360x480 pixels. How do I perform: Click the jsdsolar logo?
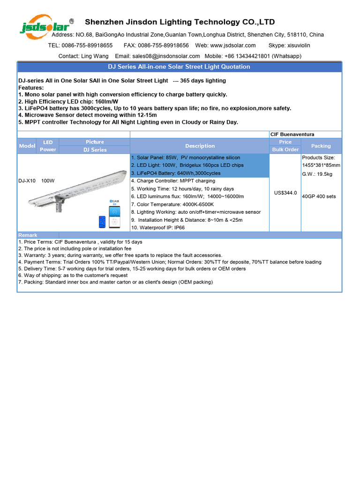point(46,27)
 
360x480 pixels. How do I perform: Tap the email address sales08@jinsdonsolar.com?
point(166,56)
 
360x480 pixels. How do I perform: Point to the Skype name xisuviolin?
point(299,45)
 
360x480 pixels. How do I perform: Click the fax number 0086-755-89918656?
point(163,45)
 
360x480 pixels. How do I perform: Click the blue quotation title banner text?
point(179,67)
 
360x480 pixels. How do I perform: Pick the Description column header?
point(200,146)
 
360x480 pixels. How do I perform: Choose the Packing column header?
point(321,146)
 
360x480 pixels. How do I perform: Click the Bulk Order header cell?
point(285,150)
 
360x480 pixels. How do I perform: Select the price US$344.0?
point(285,193)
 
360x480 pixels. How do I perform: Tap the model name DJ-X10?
point(27,180)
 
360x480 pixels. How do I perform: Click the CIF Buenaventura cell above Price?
point(292,135)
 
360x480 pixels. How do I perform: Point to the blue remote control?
point(102,222)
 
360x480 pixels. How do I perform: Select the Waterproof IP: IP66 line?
point(158,227)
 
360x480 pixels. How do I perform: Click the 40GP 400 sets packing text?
point(319,196)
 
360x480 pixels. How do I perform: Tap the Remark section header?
point(28,235)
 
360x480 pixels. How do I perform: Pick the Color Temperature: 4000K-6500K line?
point(172,204)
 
